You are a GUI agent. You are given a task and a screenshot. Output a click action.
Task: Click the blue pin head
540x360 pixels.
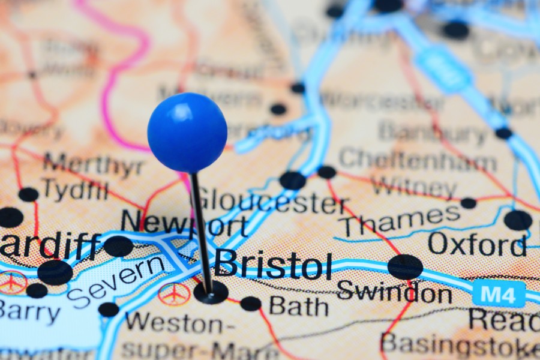[x=187, y=133]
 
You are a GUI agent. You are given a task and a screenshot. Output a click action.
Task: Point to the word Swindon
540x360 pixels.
[x=394, y=292]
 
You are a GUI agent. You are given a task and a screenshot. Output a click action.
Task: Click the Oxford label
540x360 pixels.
[x=477, y=244]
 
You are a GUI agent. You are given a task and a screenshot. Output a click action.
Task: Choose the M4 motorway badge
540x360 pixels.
[x=499, y=293]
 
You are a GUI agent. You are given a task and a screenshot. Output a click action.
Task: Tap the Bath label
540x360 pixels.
[x=298, y=307]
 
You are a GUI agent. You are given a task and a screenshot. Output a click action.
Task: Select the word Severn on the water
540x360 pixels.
[x=116, y=278]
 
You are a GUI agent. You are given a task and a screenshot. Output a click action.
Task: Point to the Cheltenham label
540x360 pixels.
[x=418, y=160]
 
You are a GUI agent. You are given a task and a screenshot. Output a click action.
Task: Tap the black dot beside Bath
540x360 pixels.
[x=251, y=304]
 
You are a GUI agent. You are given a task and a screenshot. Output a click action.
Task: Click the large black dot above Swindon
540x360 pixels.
[x=405, y=266]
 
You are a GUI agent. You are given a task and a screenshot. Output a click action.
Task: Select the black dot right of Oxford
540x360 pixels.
[x=518, y=220]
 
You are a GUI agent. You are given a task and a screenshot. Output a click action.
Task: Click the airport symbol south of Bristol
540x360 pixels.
[x=174, y=294]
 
